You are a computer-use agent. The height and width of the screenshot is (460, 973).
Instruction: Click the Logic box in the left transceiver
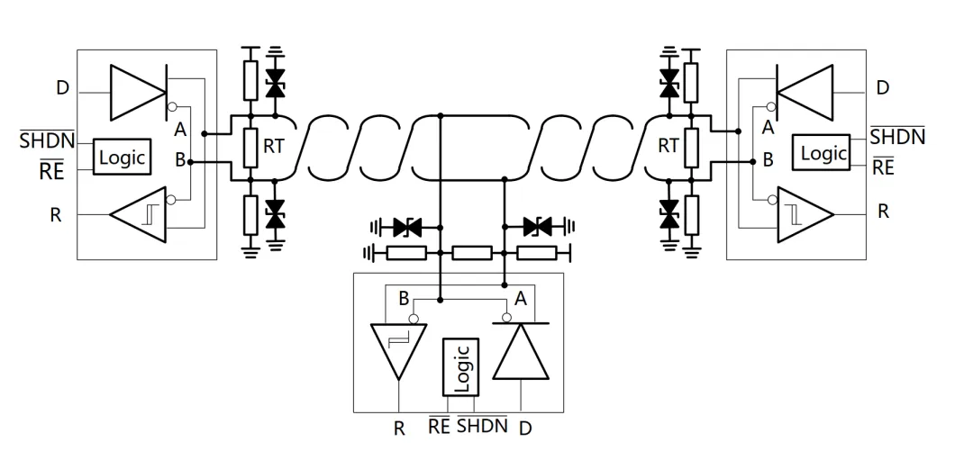pos(123,157)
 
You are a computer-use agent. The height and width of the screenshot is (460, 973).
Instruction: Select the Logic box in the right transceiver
pos(821,152)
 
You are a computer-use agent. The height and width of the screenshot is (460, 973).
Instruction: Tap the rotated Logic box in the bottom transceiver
pos(460,367)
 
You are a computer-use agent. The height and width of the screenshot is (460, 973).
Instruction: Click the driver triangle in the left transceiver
pos(139,93)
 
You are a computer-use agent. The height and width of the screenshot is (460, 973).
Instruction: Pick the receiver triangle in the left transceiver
pos(138,214)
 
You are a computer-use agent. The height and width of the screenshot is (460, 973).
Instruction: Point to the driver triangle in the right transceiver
pos(805,93)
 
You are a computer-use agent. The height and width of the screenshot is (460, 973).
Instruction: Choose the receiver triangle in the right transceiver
pos(805,214)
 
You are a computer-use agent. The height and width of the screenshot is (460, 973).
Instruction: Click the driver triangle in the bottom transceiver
pos(521,351)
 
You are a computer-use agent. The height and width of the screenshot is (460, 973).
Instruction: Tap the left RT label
pos(274,147)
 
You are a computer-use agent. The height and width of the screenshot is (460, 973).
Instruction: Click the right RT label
pos(668,147)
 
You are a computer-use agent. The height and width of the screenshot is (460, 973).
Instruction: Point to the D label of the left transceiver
pos(63,88)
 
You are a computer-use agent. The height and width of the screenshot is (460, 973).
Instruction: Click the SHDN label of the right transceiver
pos(897,135)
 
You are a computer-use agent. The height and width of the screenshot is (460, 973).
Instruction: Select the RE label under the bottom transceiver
pos(440,426)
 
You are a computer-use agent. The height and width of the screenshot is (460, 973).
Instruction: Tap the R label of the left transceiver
pos(56,215)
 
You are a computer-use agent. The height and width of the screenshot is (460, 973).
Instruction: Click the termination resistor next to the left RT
pos(250,148)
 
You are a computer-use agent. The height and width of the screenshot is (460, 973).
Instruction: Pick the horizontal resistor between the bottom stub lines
pos(472,253)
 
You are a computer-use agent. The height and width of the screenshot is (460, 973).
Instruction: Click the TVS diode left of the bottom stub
pos(407,228)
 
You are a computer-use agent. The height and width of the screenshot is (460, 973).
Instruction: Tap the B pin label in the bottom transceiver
pos(404,300)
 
